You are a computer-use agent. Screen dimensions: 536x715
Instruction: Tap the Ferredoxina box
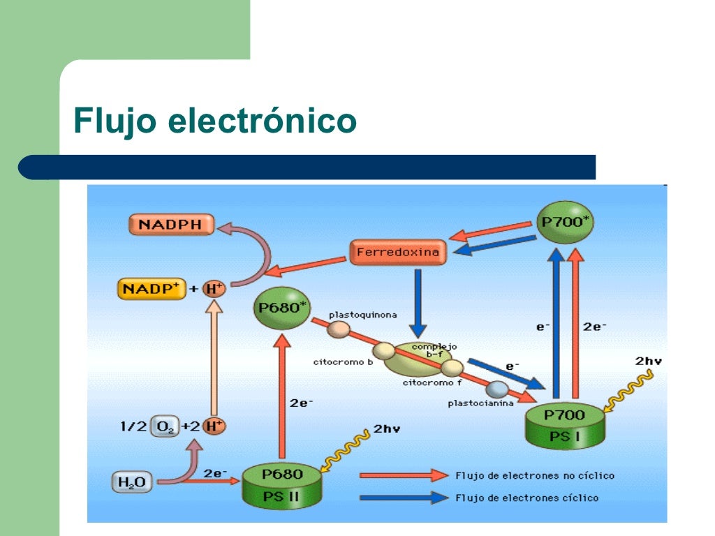[398, 252]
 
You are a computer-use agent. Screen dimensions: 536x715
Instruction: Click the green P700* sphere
[565, 223]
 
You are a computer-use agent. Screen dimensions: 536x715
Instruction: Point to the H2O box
[132, 482]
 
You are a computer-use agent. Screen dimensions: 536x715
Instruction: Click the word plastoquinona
[362, 315]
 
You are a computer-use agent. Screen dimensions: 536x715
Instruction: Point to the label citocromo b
[343, 362]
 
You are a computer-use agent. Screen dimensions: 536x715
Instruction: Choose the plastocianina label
[480, 403]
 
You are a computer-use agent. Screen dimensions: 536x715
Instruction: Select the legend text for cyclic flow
[526, 498]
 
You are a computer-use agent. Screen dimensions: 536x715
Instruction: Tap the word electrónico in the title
[263, 121]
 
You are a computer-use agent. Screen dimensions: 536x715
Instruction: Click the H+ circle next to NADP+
[214, 288]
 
